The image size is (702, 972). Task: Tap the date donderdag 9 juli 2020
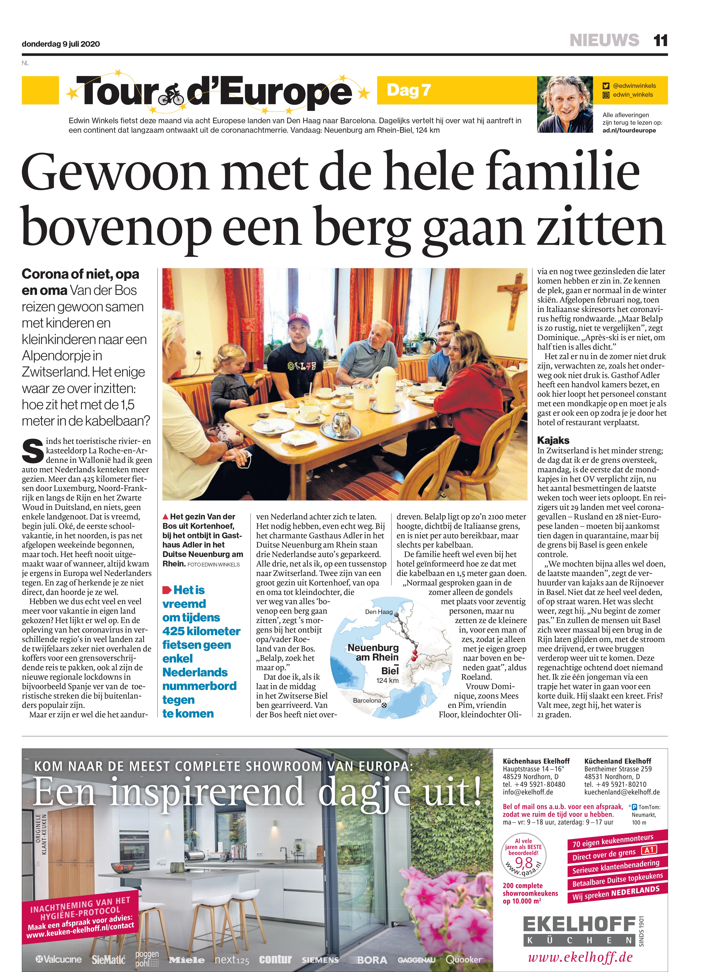[61, 44]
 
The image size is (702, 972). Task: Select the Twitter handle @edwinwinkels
[634, 86]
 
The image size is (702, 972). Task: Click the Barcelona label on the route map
[367, 700]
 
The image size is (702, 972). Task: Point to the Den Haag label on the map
[379, 612]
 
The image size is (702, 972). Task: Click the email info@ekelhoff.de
[528, 792]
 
